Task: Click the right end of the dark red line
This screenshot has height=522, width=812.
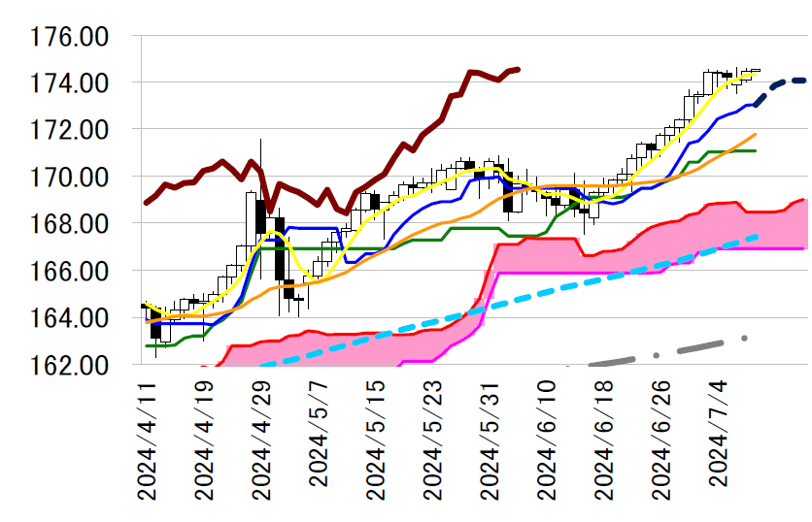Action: [x=518, y=69]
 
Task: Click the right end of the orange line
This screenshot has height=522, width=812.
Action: [x=755, y=134]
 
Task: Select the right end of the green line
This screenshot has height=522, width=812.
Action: [x=755, y=150]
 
